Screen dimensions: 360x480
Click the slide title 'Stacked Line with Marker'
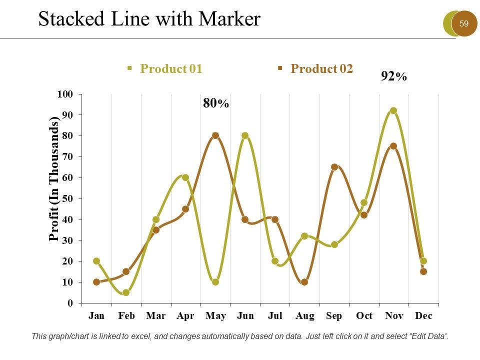pyautogui.click(x=149, y=19)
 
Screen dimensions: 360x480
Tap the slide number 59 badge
pyautogui.click(x=463, y=23)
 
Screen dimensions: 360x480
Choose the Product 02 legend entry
pyautogui.click(x=321, y=69)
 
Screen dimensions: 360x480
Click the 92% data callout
pyautogui.click(x=394, y=76)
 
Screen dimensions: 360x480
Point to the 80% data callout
pyautogui.click(x=216, y=103)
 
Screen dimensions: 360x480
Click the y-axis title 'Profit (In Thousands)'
pyautogui.click(x=54, y=178)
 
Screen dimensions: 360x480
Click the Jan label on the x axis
pyautogui.click(x=96, y=316)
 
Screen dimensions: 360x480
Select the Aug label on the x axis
pyautogui.click(x=304, y=316)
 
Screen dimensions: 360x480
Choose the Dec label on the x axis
pyautogui.click(x=423, y=316)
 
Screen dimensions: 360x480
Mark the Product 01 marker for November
pyautogui.click(x=393, y=111)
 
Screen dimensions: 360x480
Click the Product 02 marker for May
pyautogui.click(x=215, y=135)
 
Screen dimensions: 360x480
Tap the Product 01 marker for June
pyautogui.click(x=245, y=135)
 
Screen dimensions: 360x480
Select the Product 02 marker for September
pyautogui.click(x=334, y=167)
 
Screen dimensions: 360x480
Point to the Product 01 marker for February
pyautogui.click(x=126, y=292)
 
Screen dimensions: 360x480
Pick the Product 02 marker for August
pyautogui.click(x=304, y=282)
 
